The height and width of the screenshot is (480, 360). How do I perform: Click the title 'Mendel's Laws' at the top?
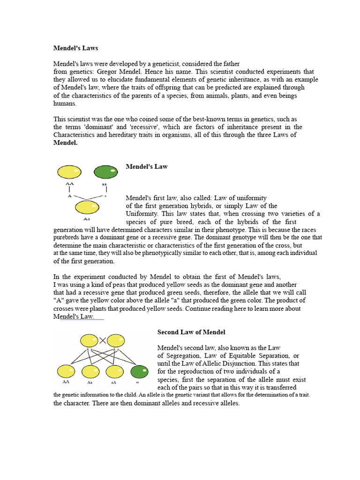pos(75,48)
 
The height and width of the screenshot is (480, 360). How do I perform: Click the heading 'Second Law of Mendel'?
pos(191,332)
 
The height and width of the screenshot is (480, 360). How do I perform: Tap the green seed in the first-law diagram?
pos(105,172)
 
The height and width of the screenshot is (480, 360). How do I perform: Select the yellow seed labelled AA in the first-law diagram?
pos(69,172)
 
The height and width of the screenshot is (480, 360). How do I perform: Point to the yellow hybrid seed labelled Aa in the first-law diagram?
pos(87,207)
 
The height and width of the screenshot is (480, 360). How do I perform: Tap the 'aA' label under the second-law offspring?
pos(114,382)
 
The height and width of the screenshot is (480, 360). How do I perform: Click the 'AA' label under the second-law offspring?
pos(64,382)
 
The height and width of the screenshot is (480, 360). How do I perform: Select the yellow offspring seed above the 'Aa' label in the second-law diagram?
pos(90,372)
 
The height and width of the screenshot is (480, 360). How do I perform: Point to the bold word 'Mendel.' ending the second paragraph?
pos(66,143)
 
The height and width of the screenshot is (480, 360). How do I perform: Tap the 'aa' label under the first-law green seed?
pos(104,184)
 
